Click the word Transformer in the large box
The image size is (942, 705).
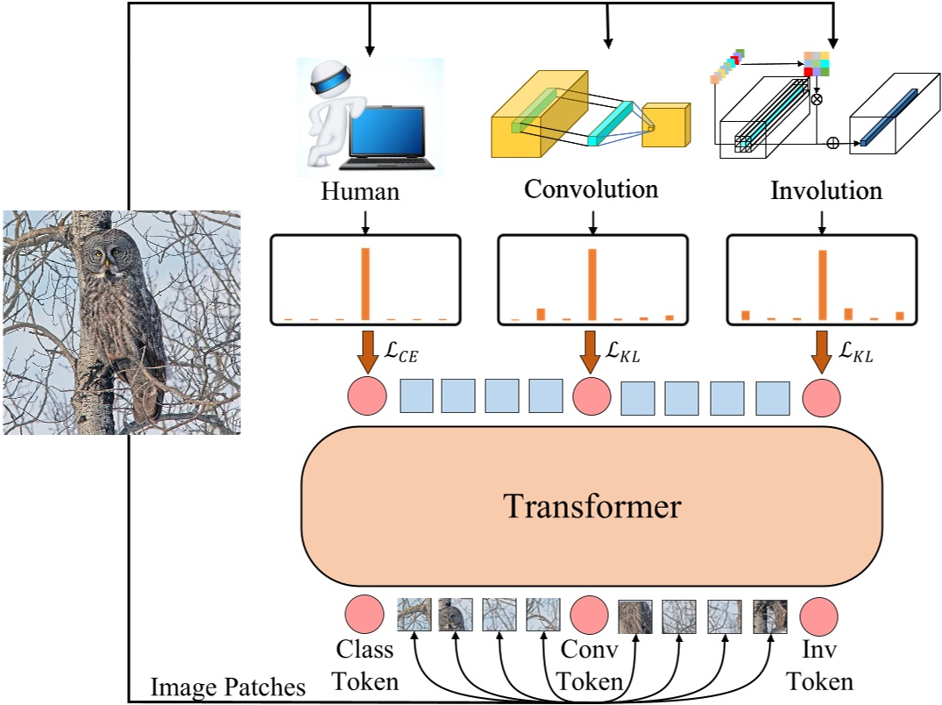point(591,506)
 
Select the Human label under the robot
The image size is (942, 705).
point(359,190)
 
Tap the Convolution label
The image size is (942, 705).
point(591,189)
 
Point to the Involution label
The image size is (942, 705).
point(825,190)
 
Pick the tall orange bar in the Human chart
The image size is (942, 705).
point(365,284)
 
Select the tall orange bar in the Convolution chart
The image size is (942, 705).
point(592,284)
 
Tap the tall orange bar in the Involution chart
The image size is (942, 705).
point(822,285)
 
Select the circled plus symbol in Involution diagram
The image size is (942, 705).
point(832,142)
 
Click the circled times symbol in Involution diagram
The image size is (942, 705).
point(817,99)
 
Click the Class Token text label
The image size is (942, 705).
point(367,664)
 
